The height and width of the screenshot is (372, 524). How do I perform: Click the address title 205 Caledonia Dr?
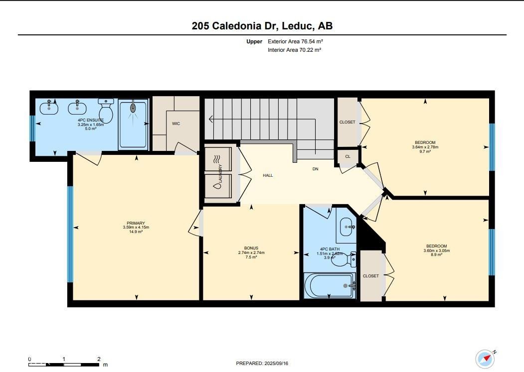[x=233, y=26]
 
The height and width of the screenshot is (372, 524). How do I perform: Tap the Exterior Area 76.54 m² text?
[x=295, y=41]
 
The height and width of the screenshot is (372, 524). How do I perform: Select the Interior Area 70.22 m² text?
[x=295, y=50]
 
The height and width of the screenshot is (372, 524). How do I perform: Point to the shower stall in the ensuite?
[x=133, y=124]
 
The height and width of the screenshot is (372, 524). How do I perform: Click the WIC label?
[x=176, y=124]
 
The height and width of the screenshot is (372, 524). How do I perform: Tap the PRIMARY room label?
[x=136, y=223]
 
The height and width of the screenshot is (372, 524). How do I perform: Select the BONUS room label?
[x=251, y=248]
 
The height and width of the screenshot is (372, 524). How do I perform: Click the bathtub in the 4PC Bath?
[x=330, y=285]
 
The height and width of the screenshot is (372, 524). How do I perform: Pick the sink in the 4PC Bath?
[x=346, y=227]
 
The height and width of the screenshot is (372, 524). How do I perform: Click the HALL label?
[x=268, y=175]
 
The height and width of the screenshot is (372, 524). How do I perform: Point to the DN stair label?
[x=315, y=169]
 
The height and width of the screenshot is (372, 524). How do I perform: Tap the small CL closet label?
[x=348, y=156]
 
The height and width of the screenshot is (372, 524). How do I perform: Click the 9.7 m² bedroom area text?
[x=425, y=151]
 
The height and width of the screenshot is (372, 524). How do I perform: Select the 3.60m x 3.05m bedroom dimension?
[x=436, y=250]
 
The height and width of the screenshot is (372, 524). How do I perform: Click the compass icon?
[x=485, y=359]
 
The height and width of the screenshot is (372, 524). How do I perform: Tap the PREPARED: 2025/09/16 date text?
[x=262, y=364]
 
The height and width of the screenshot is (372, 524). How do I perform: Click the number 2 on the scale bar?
[x=99, y=359]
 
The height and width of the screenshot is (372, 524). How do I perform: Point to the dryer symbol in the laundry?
[x=218, y=159]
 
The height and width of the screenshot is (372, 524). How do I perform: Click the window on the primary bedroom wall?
[x=70, y=234]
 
